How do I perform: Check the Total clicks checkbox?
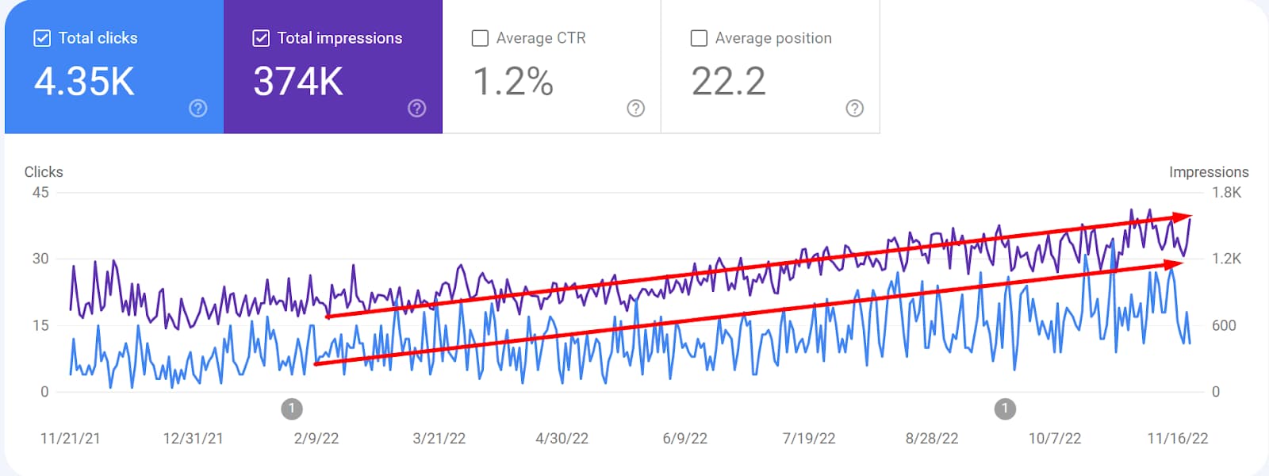(42, 38)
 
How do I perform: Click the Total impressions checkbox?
(261, 38)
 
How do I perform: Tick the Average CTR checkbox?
(480, 38)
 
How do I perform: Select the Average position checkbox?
(699, 38)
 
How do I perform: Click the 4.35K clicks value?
(85, 82)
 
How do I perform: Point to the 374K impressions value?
(298, 82)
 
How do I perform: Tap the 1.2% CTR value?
(513, 82)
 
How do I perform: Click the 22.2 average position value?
(728, 82)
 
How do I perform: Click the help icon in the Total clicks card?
(198, 109)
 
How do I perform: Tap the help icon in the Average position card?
(854, 109)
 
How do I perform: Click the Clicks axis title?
(44, 172)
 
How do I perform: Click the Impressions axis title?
(1208, 172)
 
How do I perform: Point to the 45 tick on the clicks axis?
(40, 193)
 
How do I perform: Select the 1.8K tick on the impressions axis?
(1226, 193)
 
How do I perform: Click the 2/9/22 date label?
(316, 439)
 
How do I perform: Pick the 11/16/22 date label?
(1178, 439)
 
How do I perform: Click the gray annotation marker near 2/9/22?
(292, 409)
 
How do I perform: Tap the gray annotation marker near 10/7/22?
(1005, 409)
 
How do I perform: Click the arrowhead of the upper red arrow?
(1184, 217)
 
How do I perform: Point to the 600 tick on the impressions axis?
(1224, 325)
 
